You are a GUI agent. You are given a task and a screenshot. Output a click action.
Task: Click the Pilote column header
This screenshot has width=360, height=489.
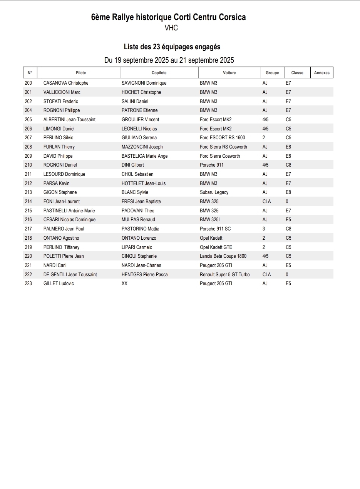tap(81, 73)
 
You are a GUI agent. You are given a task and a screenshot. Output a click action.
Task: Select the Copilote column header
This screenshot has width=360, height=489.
tap(159, 73)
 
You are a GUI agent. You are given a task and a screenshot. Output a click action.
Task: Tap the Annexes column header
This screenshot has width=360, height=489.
tap(321, 73)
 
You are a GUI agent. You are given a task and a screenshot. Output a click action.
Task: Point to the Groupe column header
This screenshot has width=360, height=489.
tap(272, 73)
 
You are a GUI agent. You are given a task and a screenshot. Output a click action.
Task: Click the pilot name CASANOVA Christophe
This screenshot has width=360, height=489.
tap(66, 83)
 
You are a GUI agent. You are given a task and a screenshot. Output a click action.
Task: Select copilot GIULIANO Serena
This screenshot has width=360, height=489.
tap(139, 138)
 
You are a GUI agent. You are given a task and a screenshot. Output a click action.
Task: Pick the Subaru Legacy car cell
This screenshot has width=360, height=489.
tap(214, 192)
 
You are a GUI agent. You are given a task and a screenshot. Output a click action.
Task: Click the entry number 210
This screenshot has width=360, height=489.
tap(28, 165)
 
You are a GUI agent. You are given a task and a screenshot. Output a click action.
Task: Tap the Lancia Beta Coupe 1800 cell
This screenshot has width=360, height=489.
tap(223, 256)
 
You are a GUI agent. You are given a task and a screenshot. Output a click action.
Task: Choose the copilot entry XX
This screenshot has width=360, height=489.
tap(124, 284)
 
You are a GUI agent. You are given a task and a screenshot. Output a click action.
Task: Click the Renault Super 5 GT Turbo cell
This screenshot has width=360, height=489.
tap(224, 275)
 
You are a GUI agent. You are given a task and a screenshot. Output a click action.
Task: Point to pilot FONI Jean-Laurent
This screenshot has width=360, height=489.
tap(62, 202)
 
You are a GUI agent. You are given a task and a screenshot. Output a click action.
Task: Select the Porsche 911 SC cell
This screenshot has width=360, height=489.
tap(215, 229)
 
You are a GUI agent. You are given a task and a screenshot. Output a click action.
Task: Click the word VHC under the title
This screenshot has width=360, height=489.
tap(171, 28)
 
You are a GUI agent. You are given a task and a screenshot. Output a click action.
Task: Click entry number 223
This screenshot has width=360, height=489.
tap(28, 284)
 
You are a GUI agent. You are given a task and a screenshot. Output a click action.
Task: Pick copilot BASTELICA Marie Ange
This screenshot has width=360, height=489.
tap(144, 156)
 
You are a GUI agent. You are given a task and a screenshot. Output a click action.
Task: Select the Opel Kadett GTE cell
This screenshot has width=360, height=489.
tap(216, 247)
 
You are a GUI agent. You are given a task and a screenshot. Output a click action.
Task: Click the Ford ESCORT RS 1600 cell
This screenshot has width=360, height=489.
tap(222, 138)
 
